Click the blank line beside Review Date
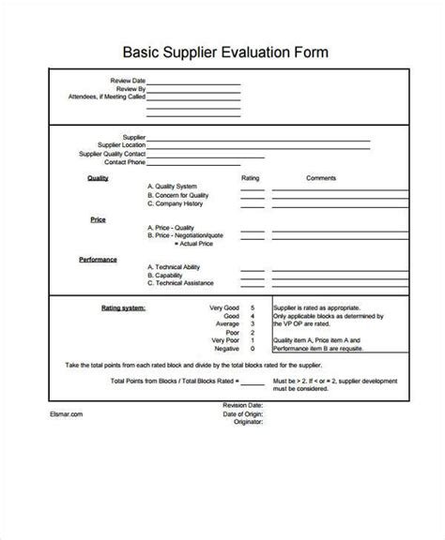tap(192, 82)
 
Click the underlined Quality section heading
tap(98, 176)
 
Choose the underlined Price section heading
tap(98, 218)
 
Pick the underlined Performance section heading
tap(98, 258)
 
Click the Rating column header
tap(250, 176)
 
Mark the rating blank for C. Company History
tap(251, 204)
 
